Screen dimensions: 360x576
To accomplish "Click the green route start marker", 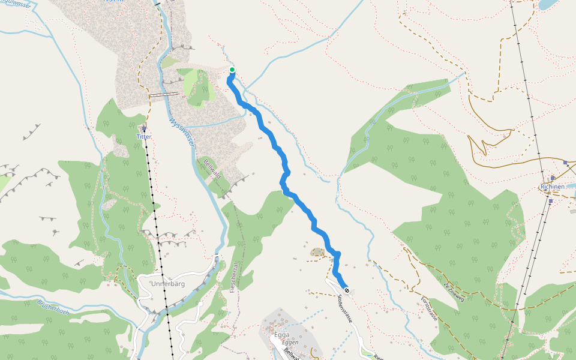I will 232,70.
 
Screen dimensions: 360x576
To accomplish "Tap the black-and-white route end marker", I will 346,290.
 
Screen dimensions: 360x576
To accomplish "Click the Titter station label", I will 144,137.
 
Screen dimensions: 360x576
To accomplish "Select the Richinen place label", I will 553,187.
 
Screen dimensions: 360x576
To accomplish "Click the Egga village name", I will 281,334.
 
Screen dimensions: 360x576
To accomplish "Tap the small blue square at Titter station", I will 144,128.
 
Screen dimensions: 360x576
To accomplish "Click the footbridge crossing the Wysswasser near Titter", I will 164,94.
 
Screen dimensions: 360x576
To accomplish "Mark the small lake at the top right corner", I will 549,5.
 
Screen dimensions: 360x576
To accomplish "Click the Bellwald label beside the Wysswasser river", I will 212,169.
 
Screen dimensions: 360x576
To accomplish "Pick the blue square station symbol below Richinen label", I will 550,201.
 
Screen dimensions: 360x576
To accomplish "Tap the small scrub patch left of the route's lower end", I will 317,253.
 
